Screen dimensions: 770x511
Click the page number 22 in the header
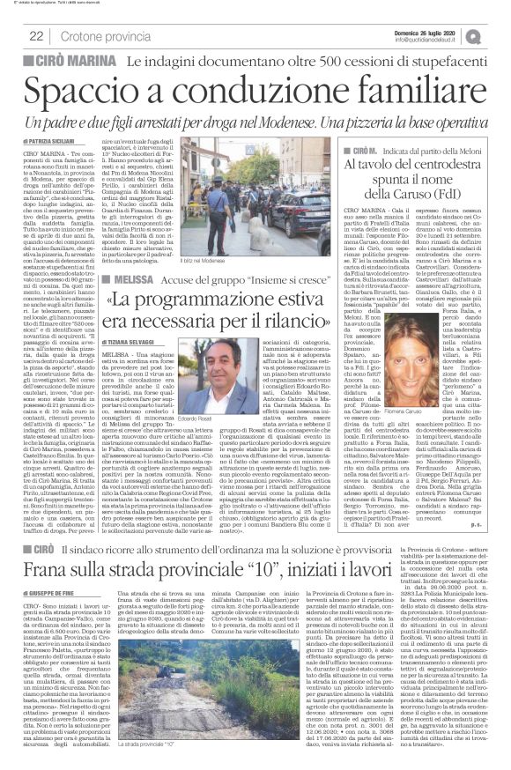pyautogui.click(x=38, y=36)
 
